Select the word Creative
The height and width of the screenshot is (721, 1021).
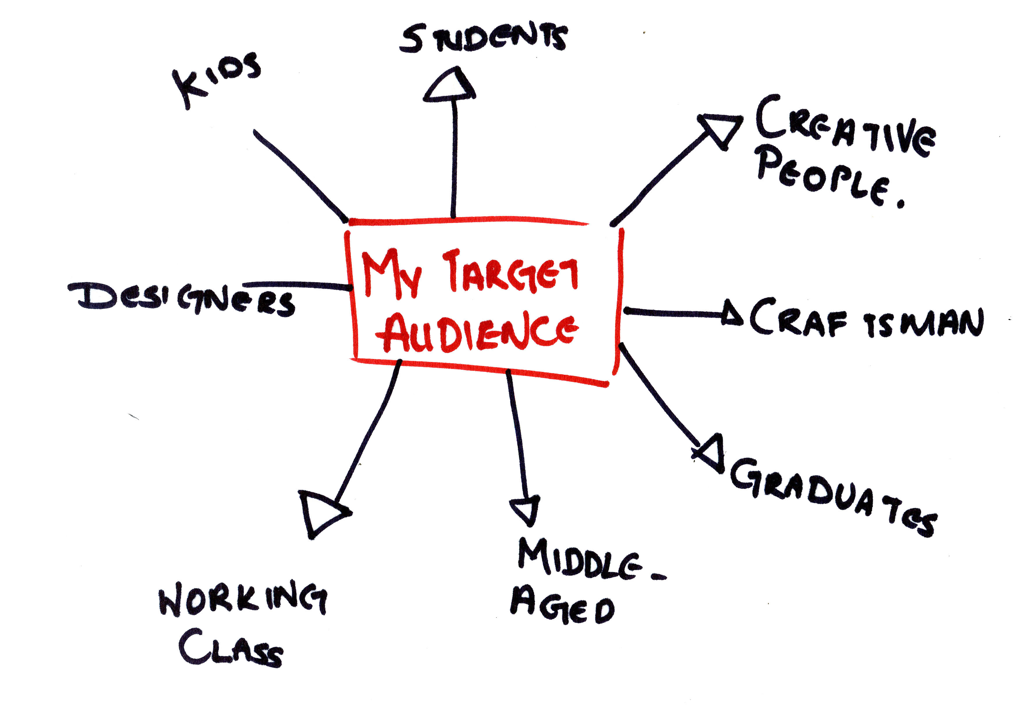tap(845, 126)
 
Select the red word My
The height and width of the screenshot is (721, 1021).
tap(391, 273)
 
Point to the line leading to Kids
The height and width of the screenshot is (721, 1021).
tap(300, 176)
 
